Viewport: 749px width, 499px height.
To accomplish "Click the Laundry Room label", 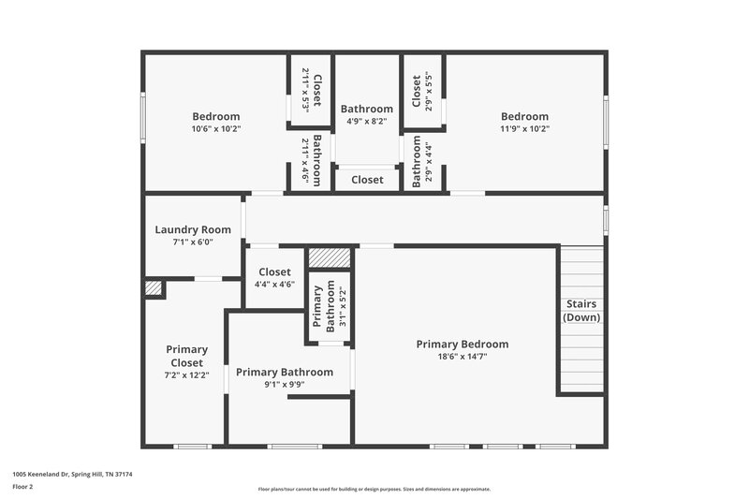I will point(193,229).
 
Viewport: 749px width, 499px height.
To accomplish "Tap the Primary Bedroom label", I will point(463,344).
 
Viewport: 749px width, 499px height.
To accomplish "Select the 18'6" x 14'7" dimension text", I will point(463,357).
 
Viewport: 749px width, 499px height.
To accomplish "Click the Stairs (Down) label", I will point(581,311).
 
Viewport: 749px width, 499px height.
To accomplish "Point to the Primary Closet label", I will point(186,356).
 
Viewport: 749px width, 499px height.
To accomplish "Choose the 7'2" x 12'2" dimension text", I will point(186,374).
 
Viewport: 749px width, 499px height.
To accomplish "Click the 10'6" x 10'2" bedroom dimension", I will point(216,129).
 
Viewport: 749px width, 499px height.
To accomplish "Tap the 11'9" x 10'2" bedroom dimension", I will point(523,129).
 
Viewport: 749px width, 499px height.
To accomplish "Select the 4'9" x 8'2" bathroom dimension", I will point(367,122).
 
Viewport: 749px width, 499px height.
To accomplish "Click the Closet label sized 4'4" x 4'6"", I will point(274,272).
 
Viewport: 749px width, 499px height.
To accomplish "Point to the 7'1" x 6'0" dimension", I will point(193,242).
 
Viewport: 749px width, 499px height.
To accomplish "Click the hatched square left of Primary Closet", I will point(153,288).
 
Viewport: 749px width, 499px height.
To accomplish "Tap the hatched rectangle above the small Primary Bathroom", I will point(330,257).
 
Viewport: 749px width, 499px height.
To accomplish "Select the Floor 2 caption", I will point(22,487).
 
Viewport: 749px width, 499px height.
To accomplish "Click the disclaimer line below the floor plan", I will point(374,489).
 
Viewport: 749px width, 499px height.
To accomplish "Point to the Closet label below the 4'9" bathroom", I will point(367,180).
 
